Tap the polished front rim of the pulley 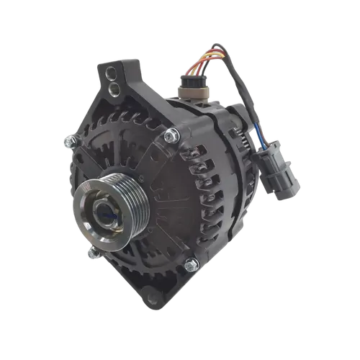pos(85,220)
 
